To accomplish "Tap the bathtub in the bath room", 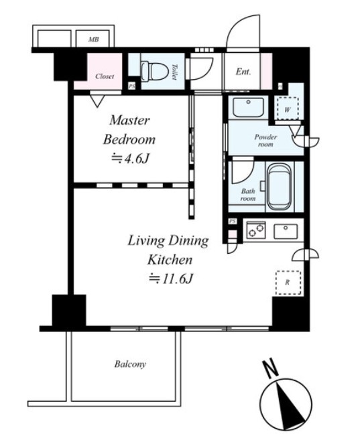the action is click(x=280, y=187).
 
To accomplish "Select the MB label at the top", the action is click(x=93, y=40).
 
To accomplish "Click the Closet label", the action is click(x=105, y=76).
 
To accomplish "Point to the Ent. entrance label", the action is click(x=243, y=71).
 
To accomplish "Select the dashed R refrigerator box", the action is click(x=288, y=283).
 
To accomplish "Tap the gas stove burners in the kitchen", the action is click(x=256, y=230).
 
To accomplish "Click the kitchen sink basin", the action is click(x=286, y=231).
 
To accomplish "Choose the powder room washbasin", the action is click(x=248, y=107).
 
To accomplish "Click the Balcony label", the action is click(x=130, y=364).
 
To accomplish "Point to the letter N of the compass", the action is click(x=271, y=368).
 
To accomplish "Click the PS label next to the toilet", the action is click(x=132, y=86).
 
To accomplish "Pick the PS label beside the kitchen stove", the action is click(x=233, y=221).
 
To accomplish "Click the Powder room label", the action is click(x=265, y=141).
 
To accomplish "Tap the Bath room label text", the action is click(x=248, y=195).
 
